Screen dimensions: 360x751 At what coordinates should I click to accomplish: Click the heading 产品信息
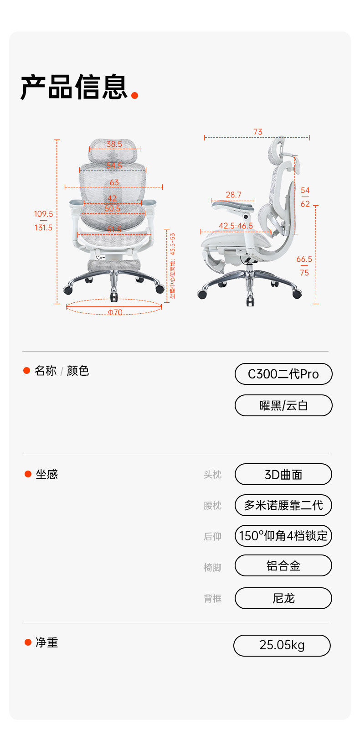tap(74, 87)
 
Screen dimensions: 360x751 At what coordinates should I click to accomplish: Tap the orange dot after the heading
tap(134, 95)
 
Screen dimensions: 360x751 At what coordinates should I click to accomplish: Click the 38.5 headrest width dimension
tap(114, 144)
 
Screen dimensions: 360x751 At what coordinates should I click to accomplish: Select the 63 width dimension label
tap(114, 182)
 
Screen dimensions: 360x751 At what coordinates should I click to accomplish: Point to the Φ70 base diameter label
tap(115, 312)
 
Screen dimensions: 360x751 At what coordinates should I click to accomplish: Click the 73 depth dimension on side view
tap(257, 132)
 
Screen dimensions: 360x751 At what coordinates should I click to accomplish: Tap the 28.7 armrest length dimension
tap(233, 195)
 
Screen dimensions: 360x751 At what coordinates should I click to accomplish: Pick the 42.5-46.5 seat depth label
tap(236, 226)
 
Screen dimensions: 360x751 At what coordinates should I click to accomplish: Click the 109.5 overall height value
tap(43, 214)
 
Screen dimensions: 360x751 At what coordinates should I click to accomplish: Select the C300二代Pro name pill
tap(283, 374)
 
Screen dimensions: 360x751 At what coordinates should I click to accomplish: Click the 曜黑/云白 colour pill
tap(283, 405)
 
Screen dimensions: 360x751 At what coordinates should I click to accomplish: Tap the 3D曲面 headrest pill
tap(283, 474)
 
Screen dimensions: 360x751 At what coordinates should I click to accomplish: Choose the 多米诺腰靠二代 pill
tap(283, 505)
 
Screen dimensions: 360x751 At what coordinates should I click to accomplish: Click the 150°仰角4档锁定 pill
tap(283, 535)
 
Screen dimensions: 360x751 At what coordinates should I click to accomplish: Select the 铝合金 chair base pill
tap(283, 566)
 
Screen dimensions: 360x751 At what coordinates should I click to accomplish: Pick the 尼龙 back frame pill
tap(283, 598)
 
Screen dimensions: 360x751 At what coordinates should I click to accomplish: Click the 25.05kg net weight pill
tap(282, 645)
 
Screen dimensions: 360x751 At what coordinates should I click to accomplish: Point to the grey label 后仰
tap(212, 536)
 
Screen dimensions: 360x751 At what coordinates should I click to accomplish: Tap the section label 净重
tap(46, 642)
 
